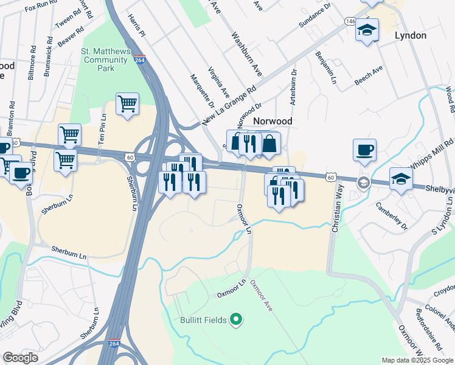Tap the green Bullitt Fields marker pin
pos(238,319)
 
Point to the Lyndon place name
pos(411,35)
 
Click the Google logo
pos(20,358)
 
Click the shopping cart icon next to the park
pos(127,103)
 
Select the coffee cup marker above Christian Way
pos(364,150)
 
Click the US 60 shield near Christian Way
pos(330,176)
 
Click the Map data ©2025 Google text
pos(417,360)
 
